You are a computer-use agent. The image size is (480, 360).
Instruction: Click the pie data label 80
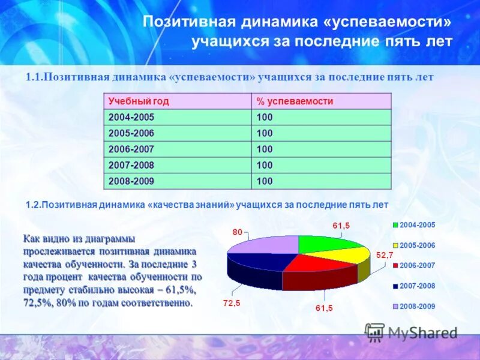click(238, 232)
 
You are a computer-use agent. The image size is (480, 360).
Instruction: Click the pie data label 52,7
click(385, 255)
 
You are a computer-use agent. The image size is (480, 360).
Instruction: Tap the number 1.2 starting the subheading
click(32, 205)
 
